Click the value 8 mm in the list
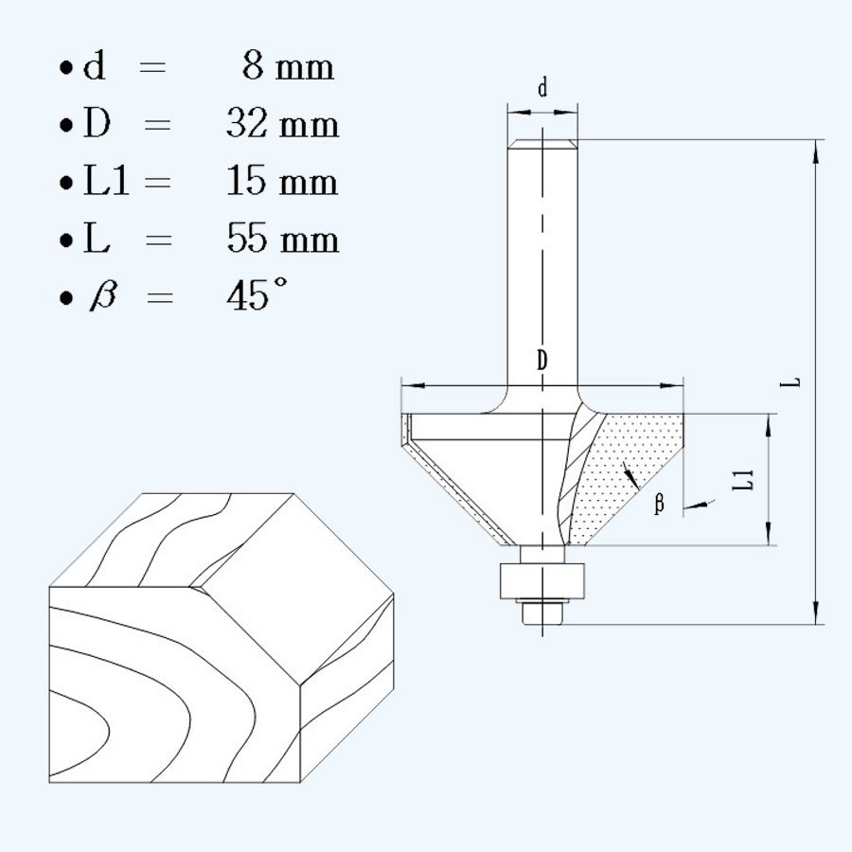(288, 68)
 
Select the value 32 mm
(282, 124)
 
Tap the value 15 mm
(282, 181)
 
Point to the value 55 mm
(282, 239)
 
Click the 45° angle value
(257, 295)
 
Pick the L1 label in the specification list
(105, 182)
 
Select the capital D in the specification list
(98, 125)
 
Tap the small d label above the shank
(542, 89)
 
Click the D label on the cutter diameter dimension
(541, 360)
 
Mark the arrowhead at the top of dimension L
(815, 151)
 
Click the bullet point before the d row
(64, 70)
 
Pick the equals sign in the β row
(159, 297)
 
